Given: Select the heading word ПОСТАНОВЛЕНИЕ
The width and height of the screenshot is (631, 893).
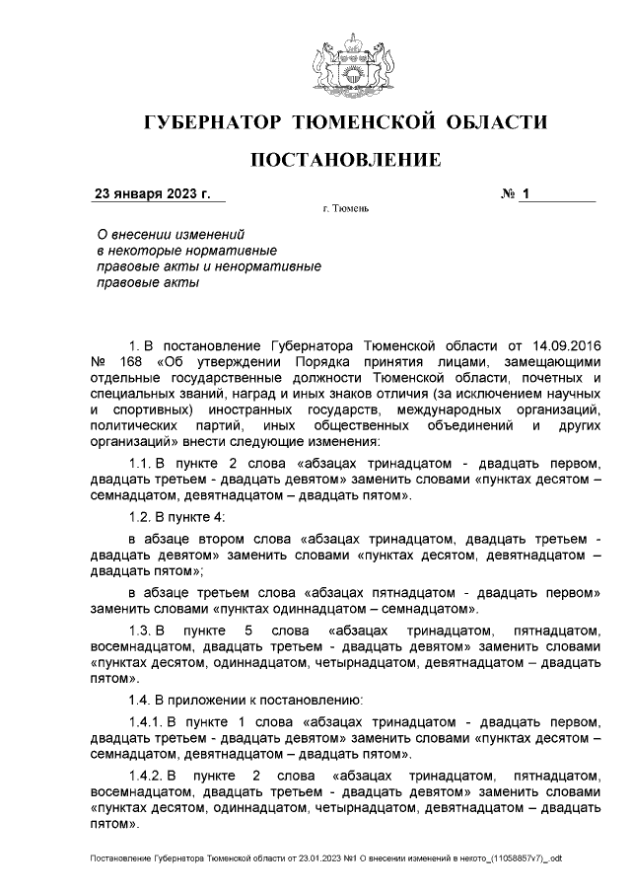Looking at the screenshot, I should point(344,160).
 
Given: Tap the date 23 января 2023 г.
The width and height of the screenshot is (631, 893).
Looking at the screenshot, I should point(152,194).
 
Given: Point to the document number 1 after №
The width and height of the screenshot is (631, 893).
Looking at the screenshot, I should point(526,194).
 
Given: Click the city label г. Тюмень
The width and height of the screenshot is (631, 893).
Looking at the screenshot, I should point(346,210).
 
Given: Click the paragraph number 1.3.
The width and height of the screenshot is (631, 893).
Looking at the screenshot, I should point(145,630).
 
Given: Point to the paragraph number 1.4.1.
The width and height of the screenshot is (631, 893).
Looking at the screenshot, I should point(148,720).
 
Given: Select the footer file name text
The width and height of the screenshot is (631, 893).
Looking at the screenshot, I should point(325,858).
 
